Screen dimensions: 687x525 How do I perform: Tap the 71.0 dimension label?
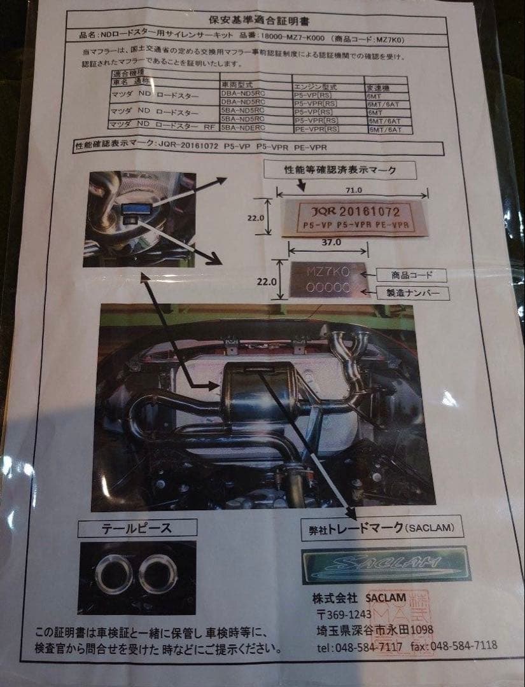pyautogui.click(x=353, y=189)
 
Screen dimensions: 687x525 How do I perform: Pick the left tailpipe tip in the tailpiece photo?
pyautogui.click(x=114, y=574)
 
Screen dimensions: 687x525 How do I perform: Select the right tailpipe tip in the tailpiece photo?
pyautogui.click(x=158, y=574)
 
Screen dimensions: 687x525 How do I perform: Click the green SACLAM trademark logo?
pyautogui.click(x=386, y=564)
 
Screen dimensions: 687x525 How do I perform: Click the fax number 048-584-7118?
pyautogui.click(x=463, y=646)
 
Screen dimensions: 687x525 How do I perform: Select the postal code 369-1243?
pyautogui.click(x=349, y=614)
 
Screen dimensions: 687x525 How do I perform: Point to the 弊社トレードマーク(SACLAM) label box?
pyautogui.click(x=381, y=527)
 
